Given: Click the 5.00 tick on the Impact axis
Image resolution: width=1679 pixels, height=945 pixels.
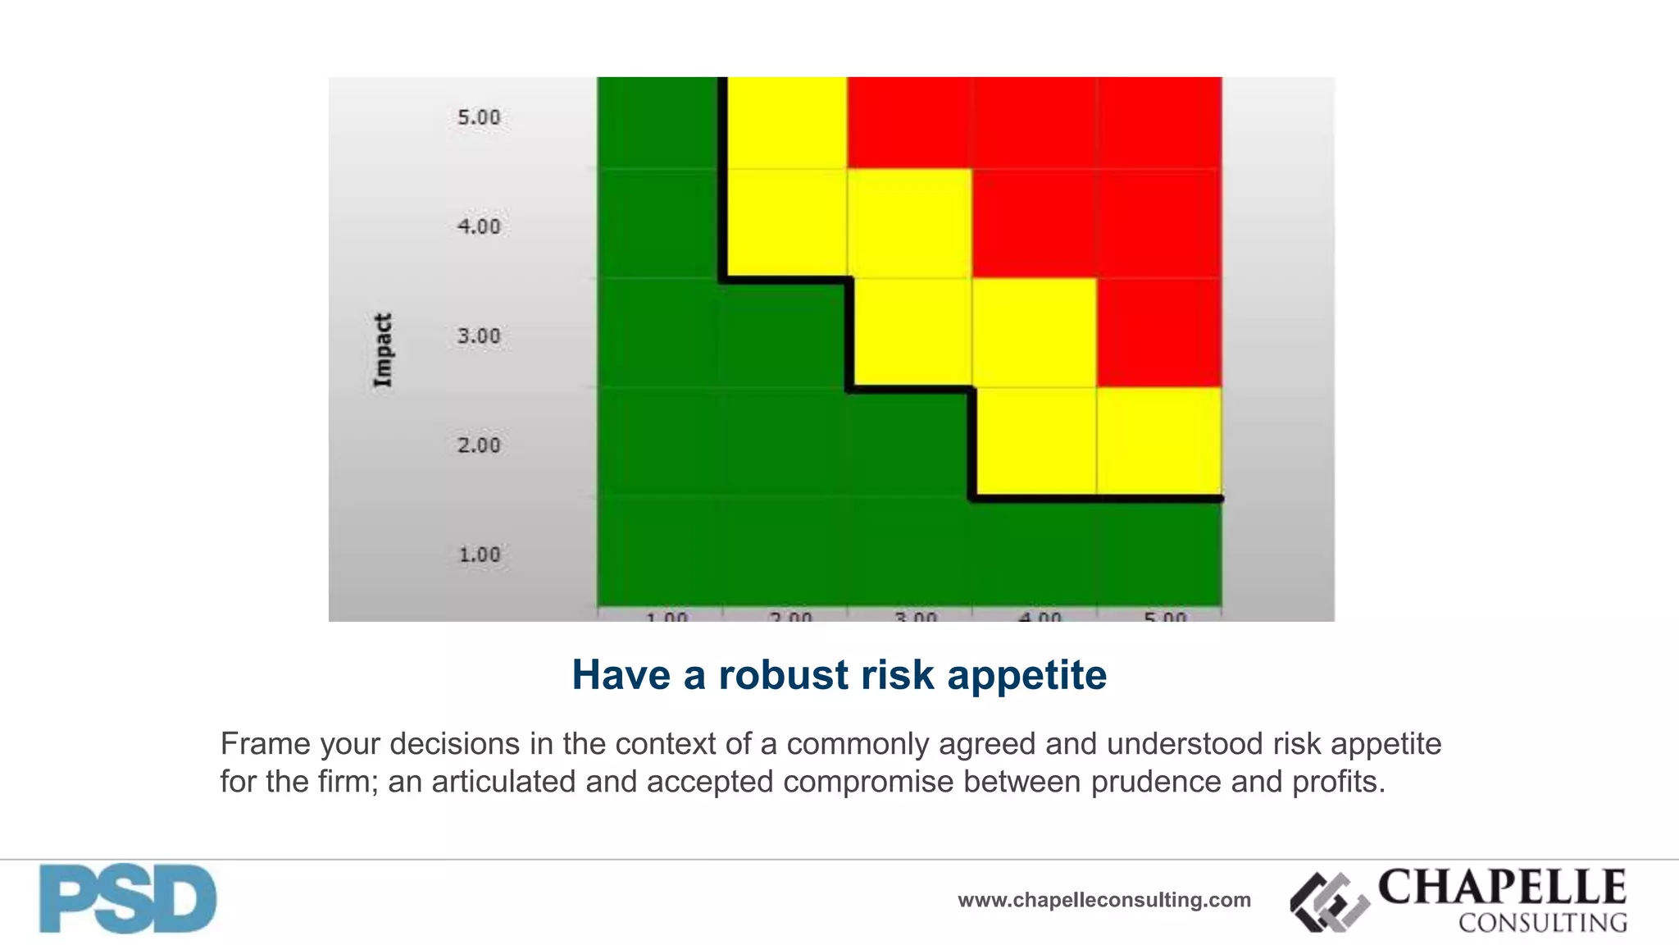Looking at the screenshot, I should point(479,117).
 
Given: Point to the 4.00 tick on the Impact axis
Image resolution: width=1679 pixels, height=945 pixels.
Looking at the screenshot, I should point(479,226).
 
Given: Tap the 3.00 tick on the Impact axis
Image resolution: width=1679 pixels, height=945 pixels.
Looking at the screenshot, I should point(479,336).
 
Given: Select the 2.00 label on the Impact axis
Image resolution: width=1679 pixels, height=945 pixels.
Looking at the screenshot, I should point(479,445).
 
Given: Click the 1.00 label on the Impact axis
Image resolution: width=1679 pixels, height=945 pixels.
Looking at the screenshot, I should point(479,555).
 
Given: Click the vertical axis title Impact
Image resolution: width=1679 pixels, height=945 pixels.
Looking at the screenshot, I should point(383,350).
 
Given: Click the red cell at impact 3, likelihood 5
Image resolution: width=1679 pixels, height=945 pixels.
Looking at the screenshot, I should point(1159,332).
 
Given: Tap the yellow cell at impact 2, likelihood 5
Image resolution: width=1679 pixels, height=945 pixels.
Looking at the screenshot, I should point(1159,441).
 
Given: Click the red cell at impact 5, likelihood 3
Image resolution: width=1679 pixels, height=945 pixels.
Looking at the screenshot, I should point(910,123).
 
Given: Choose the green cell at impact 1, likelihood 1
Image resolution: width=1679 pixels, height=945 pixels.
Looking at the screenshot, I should point(659,551).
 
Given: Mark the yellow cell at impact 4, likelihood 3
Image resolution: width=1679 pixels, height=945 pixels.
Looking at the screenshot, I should point(910,223).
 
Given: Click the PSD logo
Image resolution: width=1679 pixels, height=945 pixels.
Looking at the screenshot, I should point(128,899).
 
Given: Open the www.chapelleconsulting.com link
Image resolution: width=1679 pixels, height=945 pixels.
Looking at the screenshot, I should point(1104,900).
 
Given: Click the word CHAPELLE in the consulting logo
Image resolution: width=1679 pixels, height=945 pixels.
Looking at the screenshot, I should point(1502,887).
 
